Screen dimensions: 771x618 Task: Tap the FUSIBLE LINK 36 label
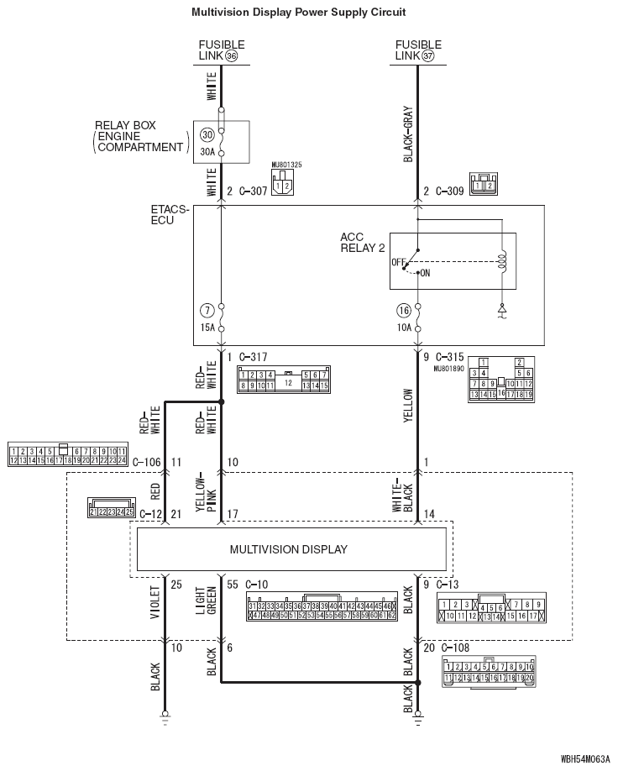222,50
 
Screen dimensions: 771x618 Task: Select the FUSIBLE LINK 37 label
417,50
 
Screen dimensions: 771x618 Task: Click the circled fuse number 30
207,135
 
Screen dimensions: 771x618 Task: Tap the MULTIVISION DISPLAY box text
288,549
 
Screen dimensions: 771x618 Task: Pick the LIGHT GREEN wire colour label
206,601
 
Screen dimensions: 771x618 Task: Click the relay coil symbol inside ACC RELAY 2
501,260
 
